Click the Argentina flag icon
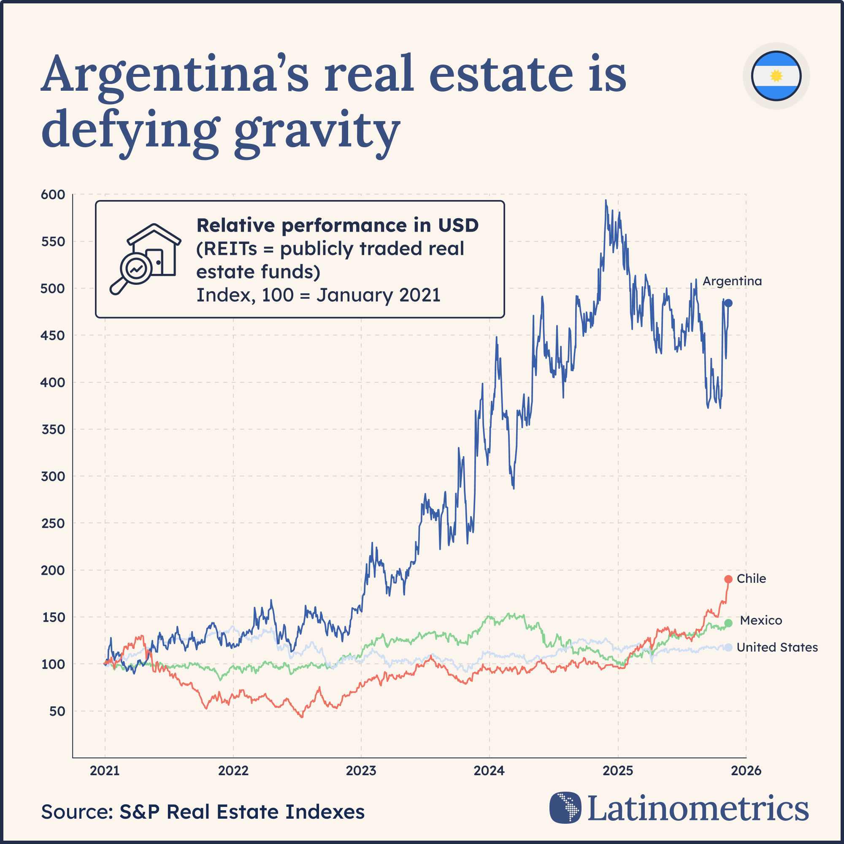click(x=776, y=76)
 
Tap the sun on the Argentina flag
click(x=776, y=76)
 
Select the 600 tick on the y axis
click(x=53, y=195)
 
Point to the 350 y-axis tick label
click(x=53, y=430)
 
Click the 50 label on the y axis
click(x=57, y=711)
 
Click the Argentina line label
click(x=732, y=281)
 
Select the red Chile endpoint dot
click(x=728, y=579)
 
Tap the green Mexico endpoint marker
click(x=728, y=623)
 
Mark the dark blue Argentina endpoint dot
click(x=728, y=303)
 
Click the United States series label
click(x=777, y=647)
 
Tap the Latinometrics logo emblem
click(x=565, y=807)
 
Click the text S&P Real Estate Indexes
click(x=241, y=812)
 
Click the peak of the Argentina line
click(x=606, y=200)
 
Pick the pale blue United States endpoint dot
click(x=728, y=647)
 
